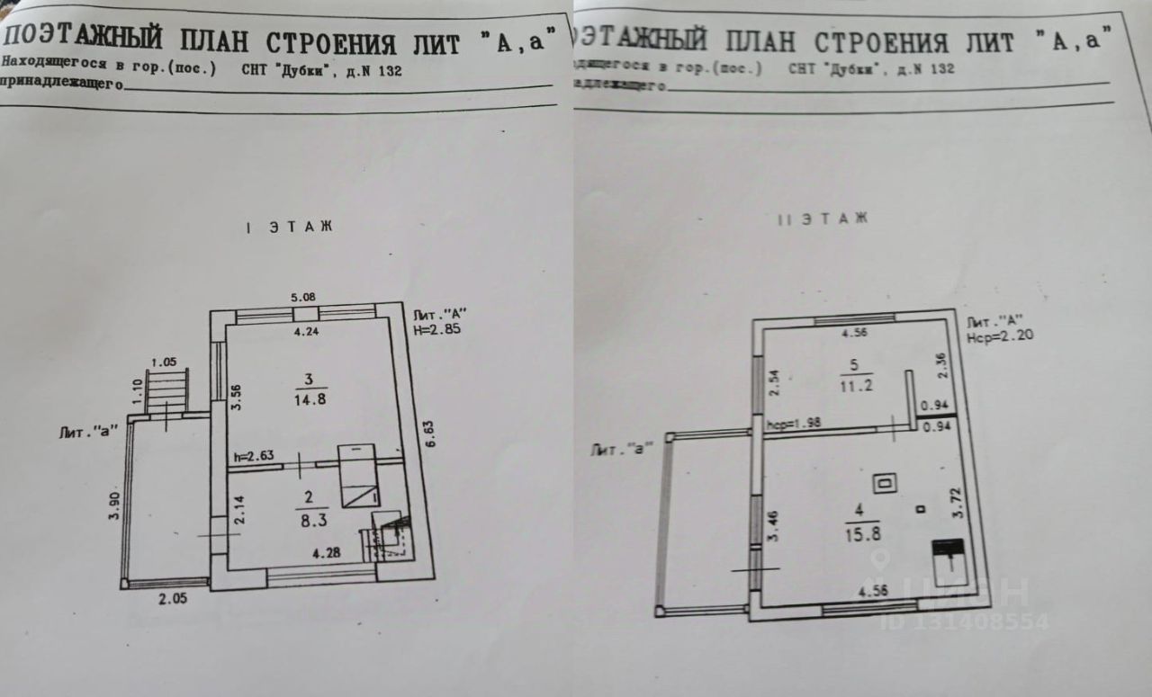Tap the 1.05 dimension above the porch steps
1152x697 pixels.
164,362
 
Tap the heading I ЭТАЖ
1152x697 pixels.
288,227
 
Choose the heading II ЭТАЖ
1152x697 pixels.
823,219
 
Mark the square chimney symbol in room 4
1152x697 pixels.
886,483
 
